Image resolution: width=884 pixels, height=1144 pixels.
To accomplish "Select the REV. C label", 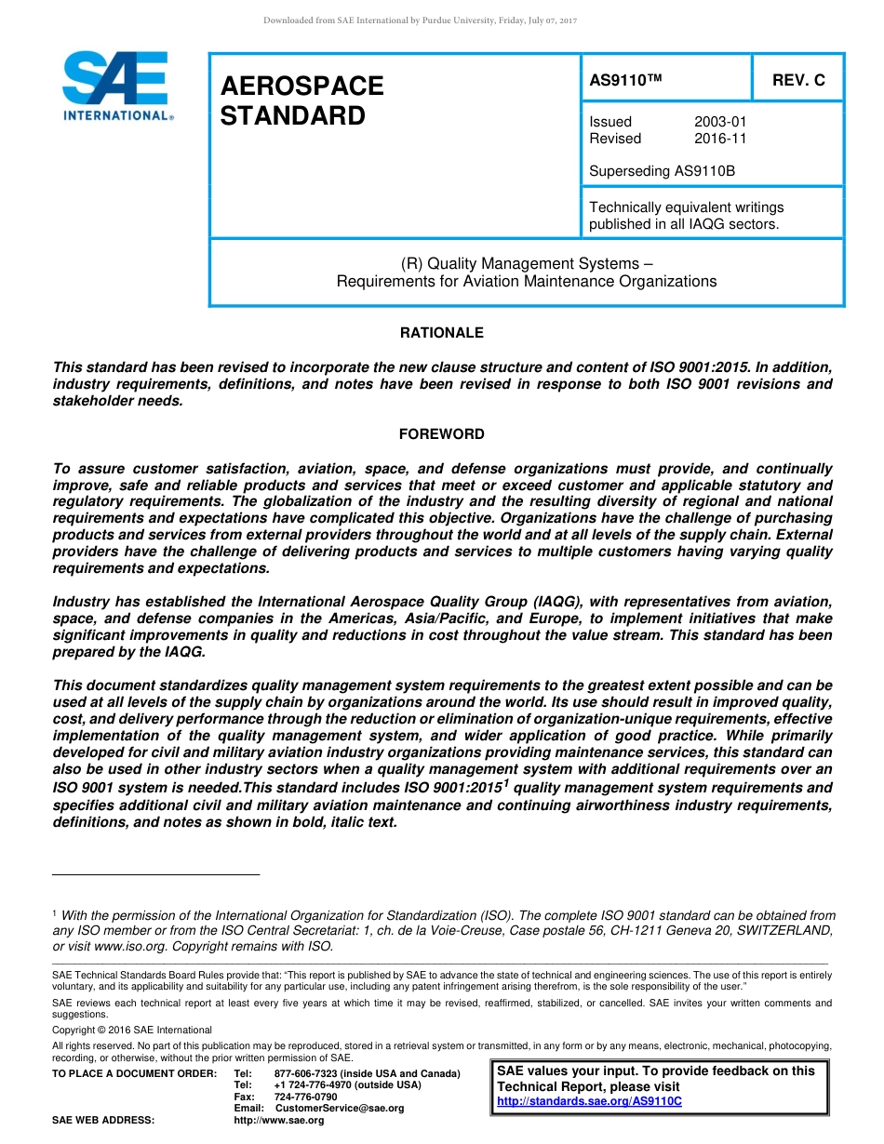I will coord(798,80).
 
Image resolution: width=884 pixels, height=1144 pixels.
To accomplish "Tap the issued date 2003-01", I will coord(720,122).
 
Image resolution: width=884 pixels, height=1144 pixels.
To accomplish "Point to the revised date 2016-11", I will coord(720,139).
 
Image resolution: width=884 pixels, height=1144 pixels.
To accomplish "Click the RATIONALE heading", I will coord(441,333).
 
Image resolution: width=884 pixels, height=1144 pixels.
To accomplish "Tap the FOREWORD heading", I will coord(441,434).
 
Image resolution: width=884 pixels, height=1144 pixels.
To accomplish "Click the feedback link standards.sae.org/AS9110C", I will coord(589,1101).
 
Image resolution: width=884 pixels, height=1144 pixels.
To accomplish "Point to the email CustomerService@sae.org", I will coord(340,1109).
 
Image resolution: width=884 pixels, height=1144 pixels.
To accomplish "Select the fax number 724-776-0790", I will coord(305,1097).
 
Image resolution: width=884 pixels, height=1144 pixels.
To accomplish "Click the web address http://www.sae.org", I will coord(278,1121).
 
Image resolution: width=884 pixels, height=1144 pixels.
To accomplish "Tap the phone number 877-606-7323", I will coord(305,1074).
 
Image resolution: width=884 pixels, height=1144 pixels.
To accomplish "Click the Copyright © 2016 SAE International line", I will coord(132,1030).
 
